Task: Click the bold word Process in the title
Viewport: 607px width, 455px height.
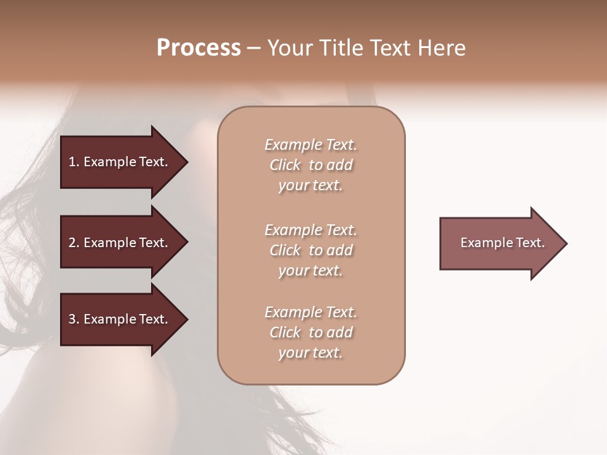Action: pyautogui.click(x=199, y=48)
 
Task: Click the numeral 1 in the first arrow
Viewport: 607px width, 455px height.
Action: pyautogui.click(x=72, y=162)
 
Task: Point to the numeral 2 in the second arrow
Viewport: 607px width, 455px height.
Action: pyautogui.click(x=72, y=243)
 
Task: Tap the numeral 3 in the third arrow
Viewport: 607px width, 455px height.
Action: pyautogui.click(x=72, y=319)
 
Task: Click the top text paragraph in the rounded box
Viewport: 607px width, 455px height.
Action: pyautogui.click(x=310, y=165)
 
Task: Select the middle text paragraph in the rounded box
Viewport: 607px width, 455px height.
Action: pyautogui.click(x=310, y=250)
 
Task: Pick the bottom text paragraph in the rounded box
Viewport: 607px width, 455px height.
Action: pyautogui.click(x=310, y=332)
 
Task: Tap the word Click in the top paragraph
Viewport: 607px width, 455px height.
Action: pyautogui.click(x=285, y=165)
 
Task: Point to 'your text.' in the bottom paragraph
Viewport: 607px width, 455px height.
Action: pyautogui.click(x=310, y=353)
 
